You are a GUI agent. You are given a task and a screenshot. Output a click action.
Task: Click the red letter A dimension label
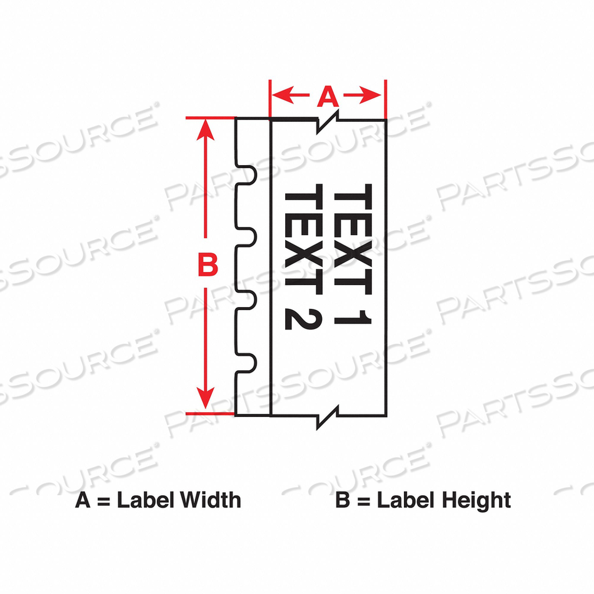(x=328, y=96)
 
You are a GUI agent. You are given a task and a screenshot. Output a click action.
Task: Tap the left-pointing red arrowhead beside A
(x=283, y=95)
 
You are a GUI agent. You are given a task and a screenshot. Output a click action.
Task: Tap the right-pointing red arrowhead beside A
(x=371, y=95)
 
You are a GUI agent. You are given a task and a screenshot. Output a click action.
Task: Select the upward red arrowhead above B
(x=205, y=130)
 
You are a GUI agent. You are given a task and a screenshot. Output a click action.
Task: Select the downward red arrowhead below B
(x=205, y=398)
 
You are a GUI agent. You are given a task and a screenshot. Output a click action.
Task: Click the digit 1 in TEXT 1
(x=353, y=318)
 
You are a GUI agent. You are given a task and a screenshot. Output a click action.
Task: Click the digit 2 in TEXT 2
(x=303, y=317)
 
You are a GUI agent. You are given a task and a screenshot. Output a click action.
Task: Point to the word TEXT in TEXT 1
(x=353, y=239)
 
